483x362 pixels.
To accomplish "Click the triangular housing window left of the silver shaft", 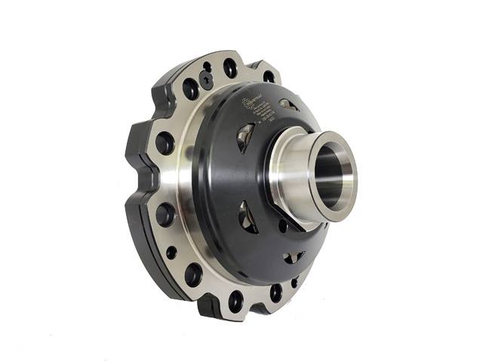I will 245,137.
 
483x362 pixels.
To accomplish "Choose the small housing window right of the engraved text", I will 289,105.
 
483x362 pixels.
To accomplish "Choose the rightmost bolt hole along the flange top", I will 269,76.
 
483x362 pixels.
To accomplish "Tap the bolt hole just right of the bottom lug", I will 236,300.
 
